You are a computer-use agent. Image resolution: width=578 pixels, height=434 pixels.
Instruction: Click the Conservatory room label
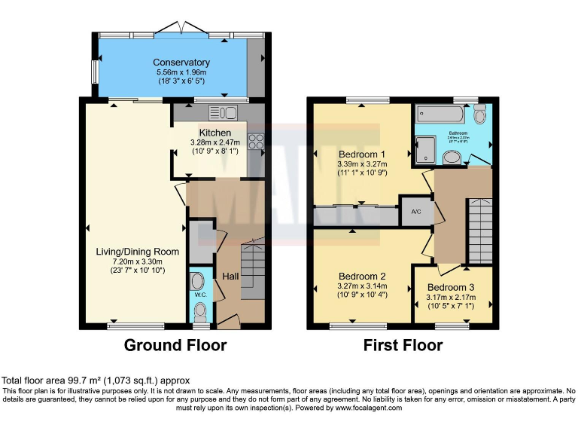pyautogui.click(x=181, y=62)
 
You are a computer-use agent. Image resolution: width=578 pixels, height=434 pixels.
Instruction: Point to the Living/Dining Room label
pyautogui.click(x=137, y=251)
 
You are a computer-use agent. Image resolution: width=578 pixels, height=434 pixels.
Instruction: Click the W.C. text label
pyautogui.click(x=200, y=295)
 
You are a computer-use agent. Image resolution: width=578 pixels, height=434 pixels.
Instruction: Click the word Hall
pyautogui.click(x=230, y=277)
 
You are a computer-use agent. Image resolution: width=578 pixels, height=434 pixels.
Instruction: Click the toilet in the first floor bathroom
pyautogui.click(x=480, y=114)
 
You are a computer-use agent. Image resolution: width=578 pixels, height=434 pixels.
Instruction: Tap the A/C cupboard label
pyautogui.click(x=416, y=212)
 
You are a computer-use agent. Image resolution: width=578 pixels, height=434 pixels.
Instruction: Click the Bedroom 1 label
pyautogui.click(x=362, y=154)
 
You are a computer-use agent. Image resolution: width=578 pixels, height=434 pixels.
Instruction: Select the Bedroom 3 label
pyautogui.click(x=451, y=288)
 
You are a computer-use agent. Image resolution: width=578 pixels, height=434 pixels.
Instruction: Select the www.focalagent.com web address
pyautogui.click(x=360, y=408)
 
